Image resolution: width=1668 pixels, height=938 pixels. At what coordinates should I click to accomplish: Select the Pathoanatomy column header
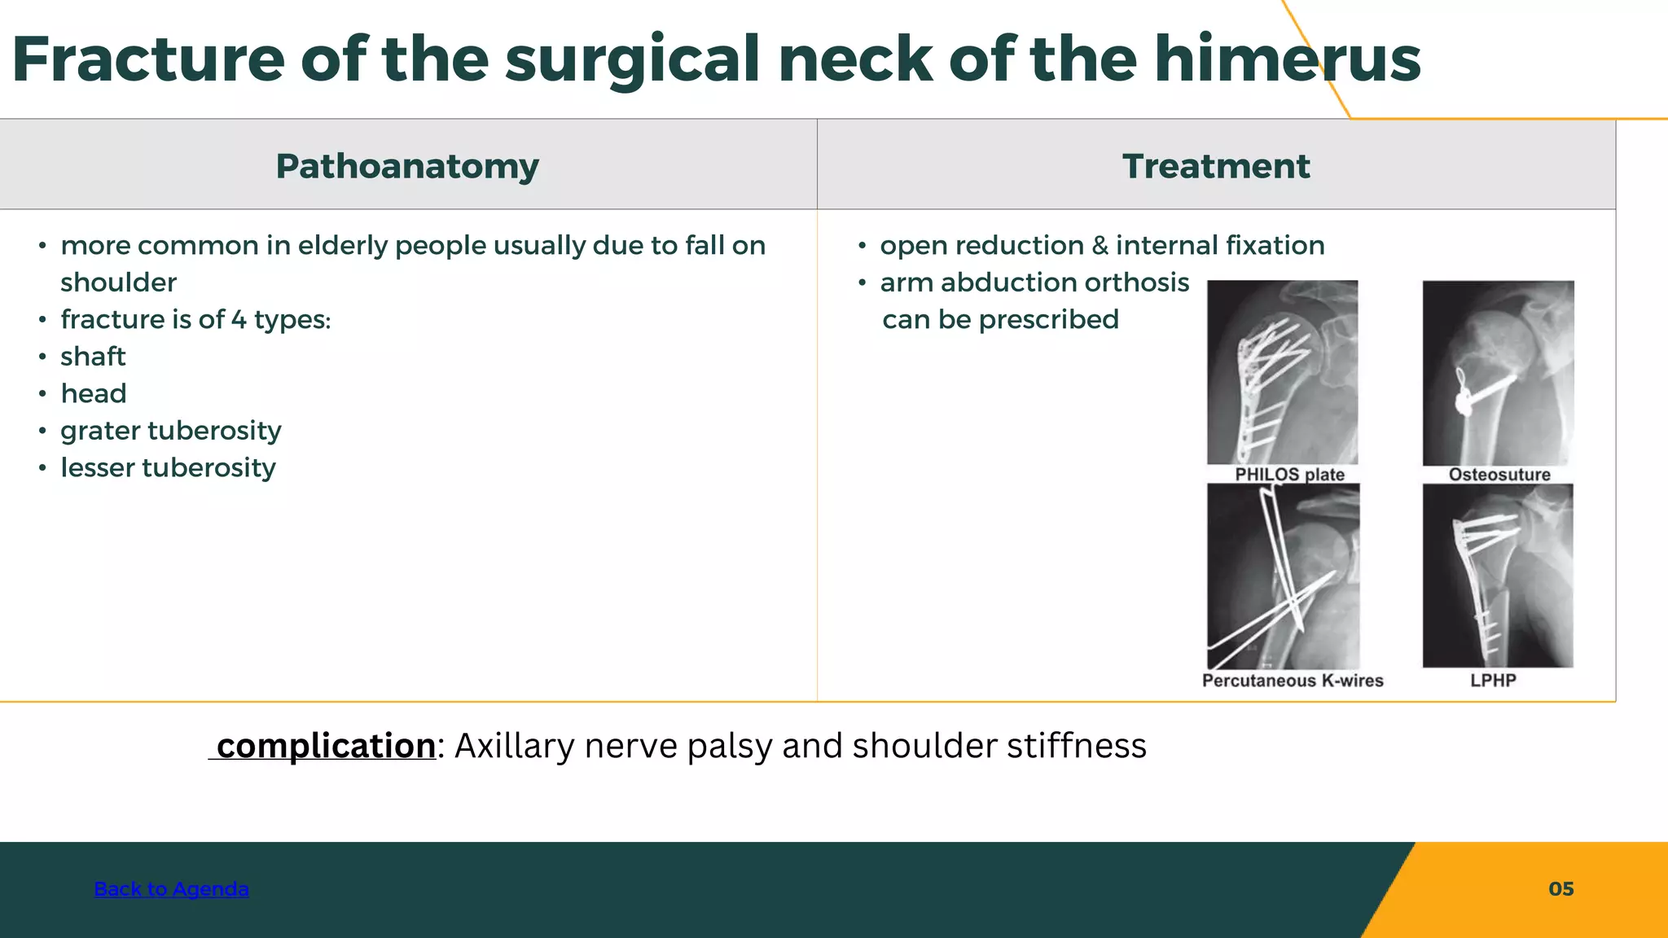(x=407, y=166)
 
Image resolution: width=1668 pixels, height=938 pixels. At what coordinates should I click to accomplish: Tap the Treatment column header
(x=1216, y=166)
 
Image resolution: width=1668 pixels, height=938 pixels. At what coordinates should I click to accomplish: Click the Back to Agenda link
(x=171, y=888)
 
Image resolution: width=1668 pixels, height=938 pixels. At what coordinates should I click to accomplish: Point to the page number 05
(x=1560, y=888)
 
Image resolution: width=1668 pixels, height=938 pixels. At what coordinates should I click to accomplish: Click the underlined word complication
(x=326, y=746)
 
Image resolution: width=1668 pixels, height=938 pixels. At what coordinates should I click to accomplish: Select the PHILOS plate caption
(x=1289, y=475)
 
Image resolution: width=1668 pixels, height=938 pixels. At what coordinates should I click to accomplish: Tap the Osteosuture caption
(x=1499, y=475)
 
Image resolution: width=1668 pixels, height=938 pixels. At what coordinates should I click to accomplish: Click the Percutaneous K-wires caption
(x=1293, y=681)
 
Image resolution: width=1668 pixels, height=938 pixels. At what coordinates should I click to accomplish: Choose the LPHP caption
(x=1493, y=681)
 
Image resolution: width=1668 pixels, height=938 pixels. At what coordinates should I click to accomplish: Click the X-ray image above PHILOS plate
(x=1282, y=372)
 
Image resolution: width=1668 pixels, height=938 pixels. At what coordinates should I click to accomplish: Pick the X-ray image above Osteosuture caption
(x=1498, y=372)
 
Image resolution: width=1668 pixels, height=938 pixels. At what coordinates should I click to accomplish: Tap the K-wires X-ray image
(x=1283, y=576)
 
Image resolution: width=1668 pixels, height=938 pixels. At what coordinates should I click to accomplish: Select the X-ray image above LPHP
(x=1498, y=576)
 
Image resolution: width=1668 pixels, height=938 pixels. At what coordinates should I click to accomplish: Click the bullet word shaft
(x=93, y=357)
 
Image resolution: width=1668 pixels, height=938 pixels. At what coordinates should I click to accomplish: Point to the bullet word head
(x=94, y=393)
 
